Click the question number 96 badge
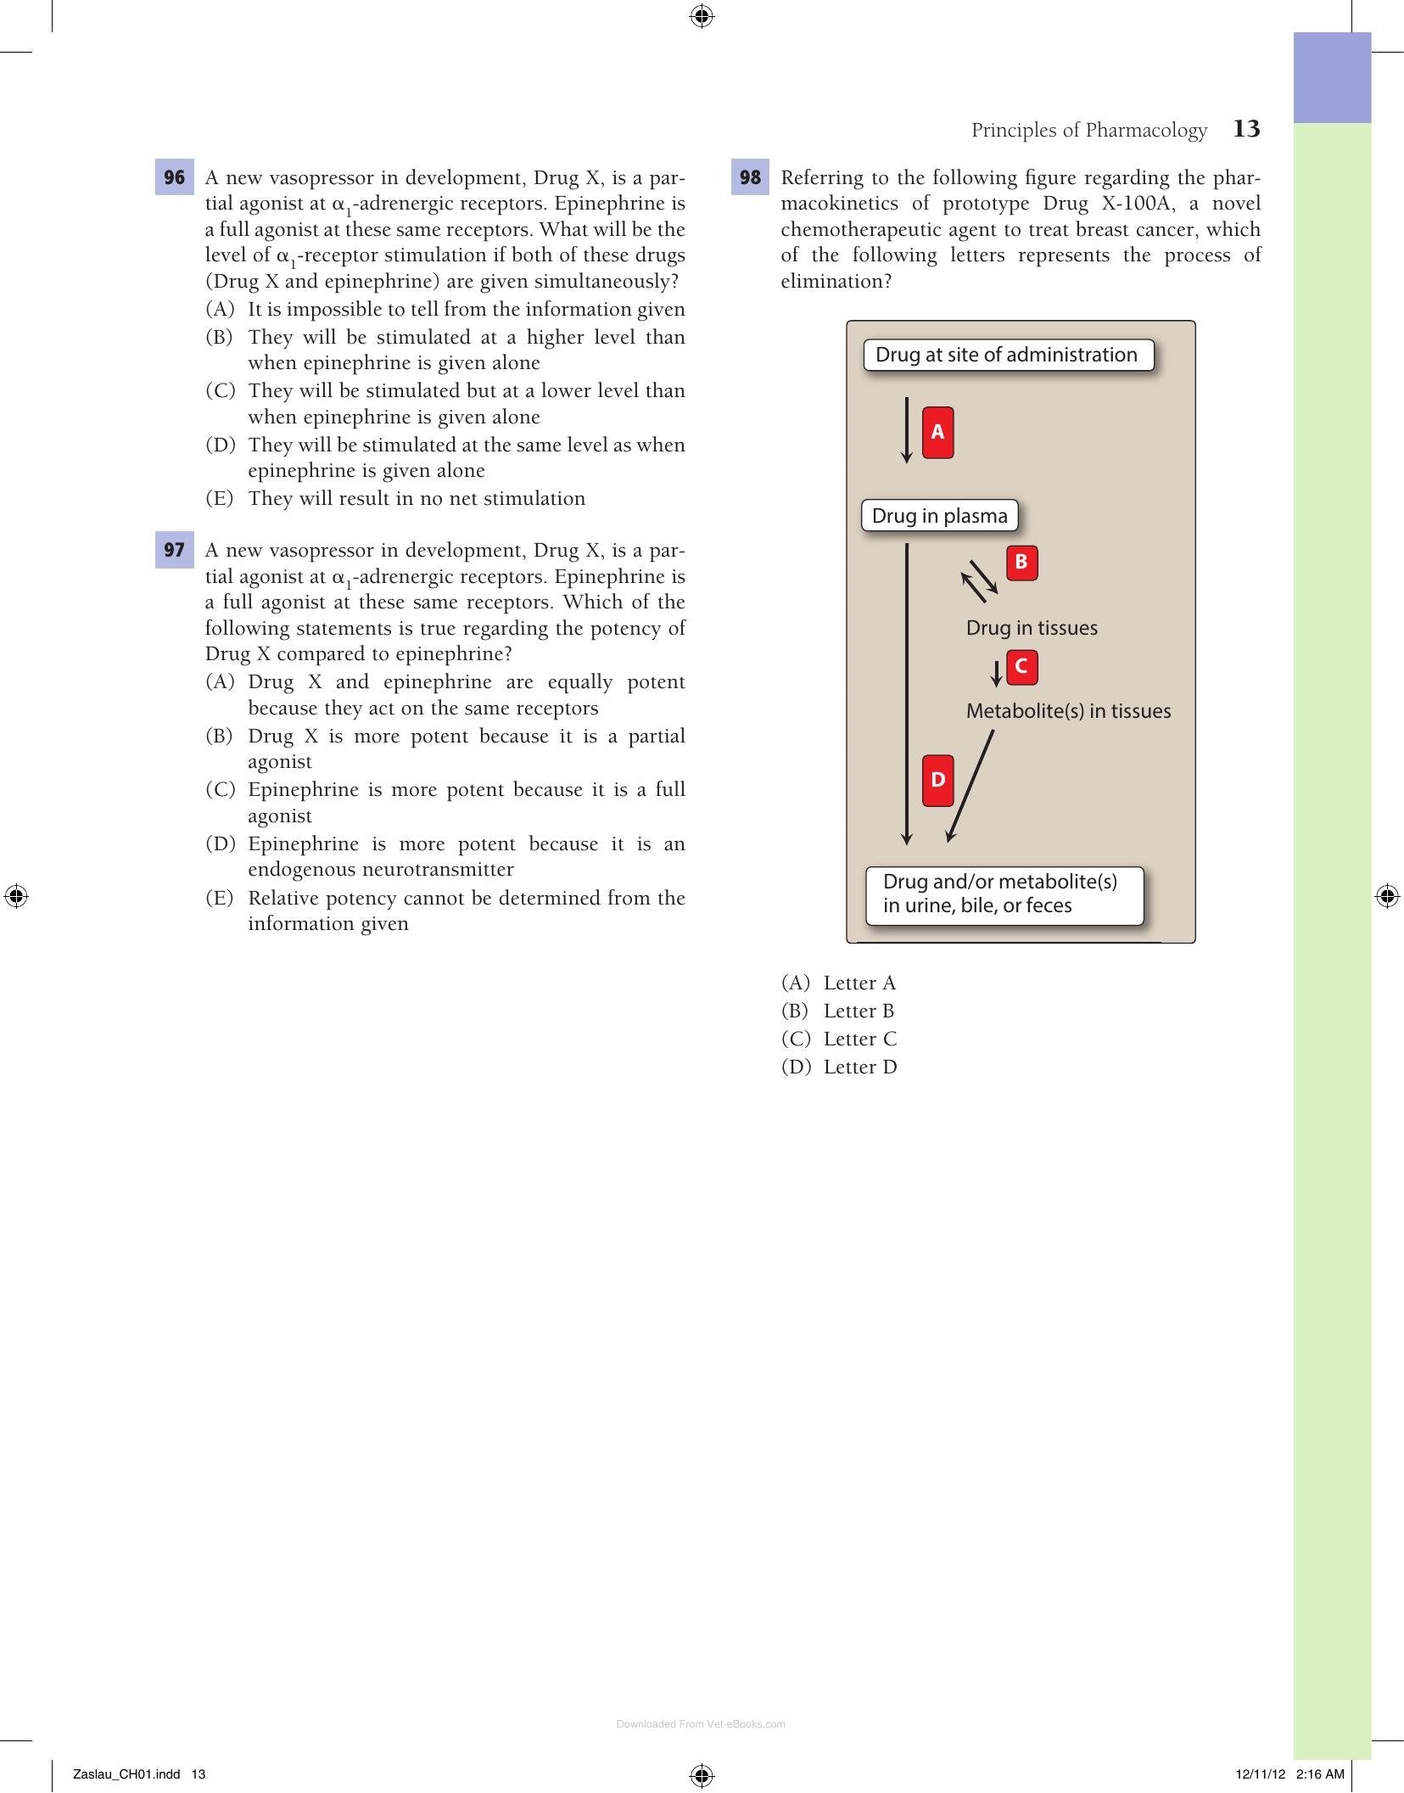(x=175, y=177)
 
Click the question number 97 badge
(x=175, y=550)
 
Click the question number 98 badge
(x=750, y=177)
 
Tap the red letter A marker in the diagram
(x=937, y=433)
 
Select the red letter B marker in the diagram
(x=1021, y=563)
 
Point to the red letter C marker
(x=1021, y=667)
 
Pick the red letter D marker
(x=937, y=780)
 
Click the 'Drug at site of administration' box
(x=1009, y=355)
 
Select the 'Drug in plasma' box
(x=940, y=516)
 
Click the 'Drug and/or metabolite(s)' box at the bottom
(x=1004, y=894)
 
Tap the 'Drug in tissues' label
(x=1032, y=628)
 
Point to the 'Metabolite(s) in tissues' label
(x=1068, y=711)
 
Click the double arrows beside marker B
(x=979, y=581)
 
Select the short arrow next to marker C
(x=997, y=674)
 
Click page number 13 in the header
(x=1246, y=129)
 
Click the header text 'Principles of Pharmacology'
(x=1089, y=130)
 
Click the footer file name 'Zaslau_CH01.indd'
(x=127, y=1773)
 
